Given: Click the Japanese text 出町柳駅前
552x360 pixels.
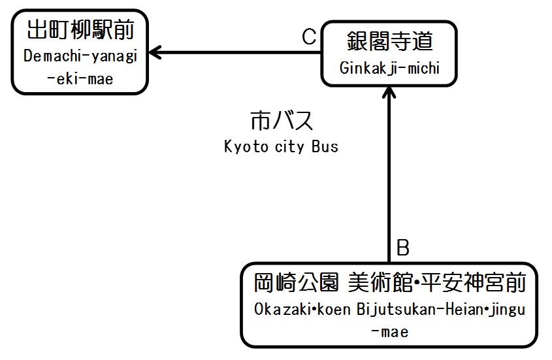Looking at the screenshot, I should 80,31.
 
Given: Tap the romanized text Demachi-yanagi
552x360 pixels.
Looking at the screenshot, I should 80,56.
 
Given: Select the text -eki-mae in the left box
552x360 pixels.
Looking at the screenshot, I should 80,79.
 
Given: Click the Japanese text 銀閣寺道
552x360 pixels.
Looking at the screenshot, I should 389,42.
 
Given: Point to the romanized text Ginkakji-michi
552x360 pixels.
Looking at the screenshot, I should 389,67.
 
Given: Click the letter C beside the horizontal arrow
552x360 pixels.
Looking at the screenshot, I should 309,37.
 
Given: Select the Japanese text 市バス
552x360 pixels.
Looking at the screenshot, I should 282,122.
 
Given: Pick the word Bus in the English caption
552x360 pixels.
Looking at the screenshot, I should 325,146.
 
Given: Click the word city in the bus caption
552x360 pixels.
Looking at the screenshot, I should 288,146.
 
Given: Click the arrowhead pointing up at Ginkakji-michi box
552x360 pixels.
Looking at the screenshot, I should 389,92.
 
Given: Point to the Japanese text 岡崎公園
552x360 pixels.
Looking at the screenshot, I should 297,284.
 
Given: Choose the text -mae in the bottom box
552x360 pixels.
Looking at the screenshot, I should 389,331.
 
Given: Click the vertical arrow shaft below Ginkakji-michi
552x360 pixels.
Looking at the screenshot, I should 389,176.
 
